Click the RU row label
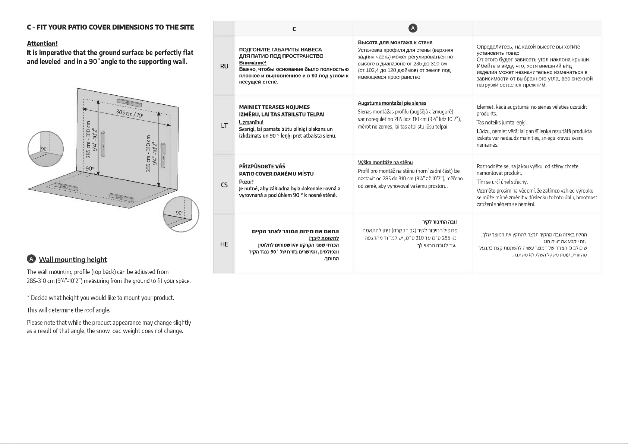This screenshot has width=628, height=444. pos(224,66)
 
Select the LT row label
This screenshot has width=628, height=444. pos(224,126)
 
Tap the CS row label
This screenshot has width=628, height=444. pos(224,185)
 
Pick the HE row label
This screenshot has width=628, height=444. pos(224,244)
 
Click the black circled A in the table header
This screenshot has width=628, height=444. pos(413,28)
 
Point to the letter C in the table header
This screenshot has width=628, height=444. pos(294,29)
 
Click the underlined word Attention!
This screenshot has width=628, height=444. pos(42,44)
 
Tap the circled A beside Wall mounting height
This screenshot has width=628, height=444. pos(31,259)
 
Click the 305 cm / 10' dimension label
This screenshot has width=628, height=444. pos(130,113)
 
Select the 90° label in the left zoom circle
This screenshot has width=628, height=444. pos(45,149)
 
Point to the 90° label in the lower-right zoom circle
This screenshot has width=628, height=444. pos(179,213)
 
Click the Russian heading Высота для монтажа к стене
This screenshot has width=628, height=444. pos(395,42)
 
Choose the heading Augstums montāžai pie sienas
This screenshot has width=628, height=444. pos(392,103)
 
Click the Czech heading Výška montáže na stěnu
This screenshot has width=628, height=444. pos(385,162)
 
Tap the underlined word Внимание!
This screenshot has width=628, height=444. pos(253,63)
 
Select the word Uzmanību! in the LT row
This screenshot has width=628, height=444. pos(251,123)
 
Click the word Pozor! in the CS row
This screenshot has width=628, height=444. pos(246,182)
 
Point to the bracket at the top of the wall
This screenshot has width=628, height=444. pos(129,103)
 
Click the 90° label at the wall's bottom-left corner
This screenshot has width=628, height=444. pos(90,169)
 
